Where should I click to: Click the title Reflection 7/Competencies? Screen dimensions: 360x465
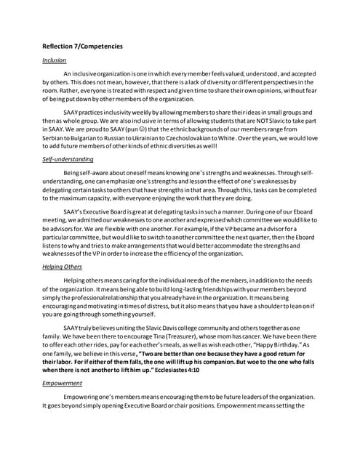(x=82, y=46)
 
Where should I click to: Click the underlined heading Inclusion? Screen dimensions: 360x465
(x=54, y=60)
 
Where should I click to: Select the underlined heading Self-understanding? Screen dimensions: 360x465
(x=68, y=158)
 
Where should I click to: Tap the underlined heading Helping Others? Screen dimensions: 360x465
(x=62, y=267)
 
